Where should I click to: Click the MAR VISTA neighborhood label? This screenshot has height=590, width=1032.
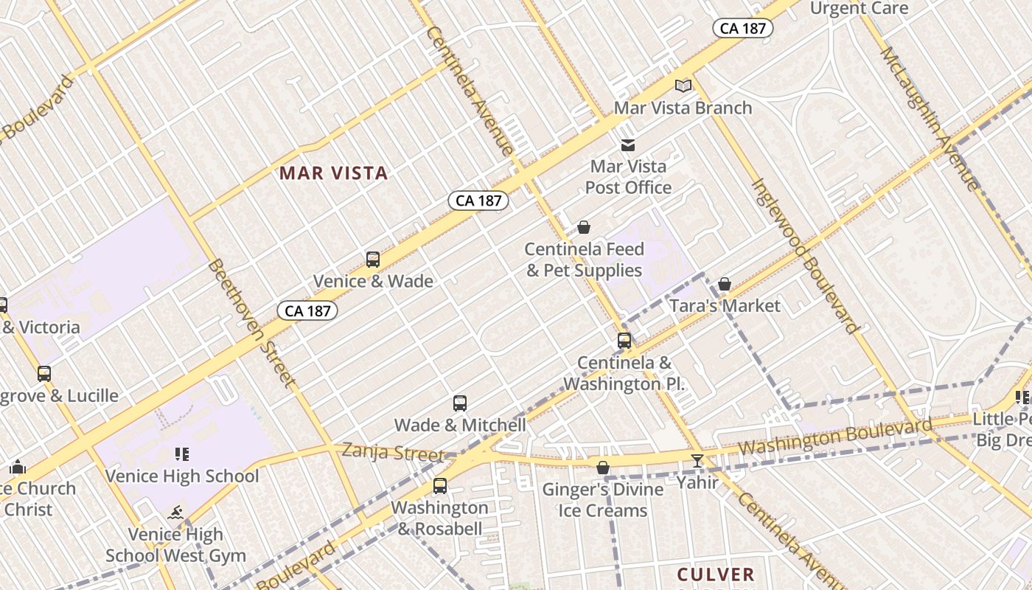point(333,173)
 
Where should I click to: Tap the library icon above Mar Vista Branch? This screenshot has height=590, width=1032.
point(683,86)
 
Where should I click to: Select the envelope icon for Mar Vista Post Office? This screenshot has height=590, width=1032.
point(628,145)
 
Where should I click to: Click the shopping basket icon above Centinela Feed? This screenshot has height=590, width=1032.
point(584,227)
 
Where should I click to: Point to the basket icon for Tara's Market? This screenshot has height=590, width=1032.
point(725,284)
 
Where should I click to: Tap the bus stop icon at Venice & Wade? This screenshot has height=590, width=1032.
point(373,260)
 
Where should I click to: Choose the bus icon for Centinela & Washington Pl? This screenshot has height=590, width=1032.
point(624,341)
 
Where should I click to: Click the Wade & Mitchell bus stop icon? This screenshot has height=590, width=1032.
point(460,403)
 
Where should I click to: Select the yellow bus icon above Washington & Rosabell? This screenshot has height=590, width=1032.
point(440,486)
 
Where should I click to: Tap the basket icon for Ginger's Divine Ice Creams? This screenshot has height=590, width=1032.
point(603,468)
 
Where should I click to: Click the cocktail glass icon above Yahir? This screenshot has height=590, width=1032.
point(697,461)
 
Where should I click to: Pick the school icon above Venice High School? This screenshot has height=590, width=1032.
point(181,454)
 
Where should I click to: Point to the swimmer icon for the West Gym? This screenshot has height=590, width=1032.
point(175,513)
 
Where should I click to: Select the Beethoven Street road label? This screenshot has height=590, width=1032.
point(251,322)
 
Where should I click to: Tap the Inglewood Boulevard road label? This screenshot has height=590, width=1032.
point(805,255)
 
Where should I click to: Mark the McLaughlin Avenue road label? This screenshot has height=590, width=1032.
point(930,118)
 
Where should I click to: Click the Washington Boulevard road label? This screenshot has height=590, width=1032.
point(834,438)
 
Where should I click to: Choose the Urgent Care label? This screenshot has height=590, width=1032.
point(859,8)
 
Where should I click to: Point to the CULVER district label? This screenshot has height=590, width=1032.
point(715,574)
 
